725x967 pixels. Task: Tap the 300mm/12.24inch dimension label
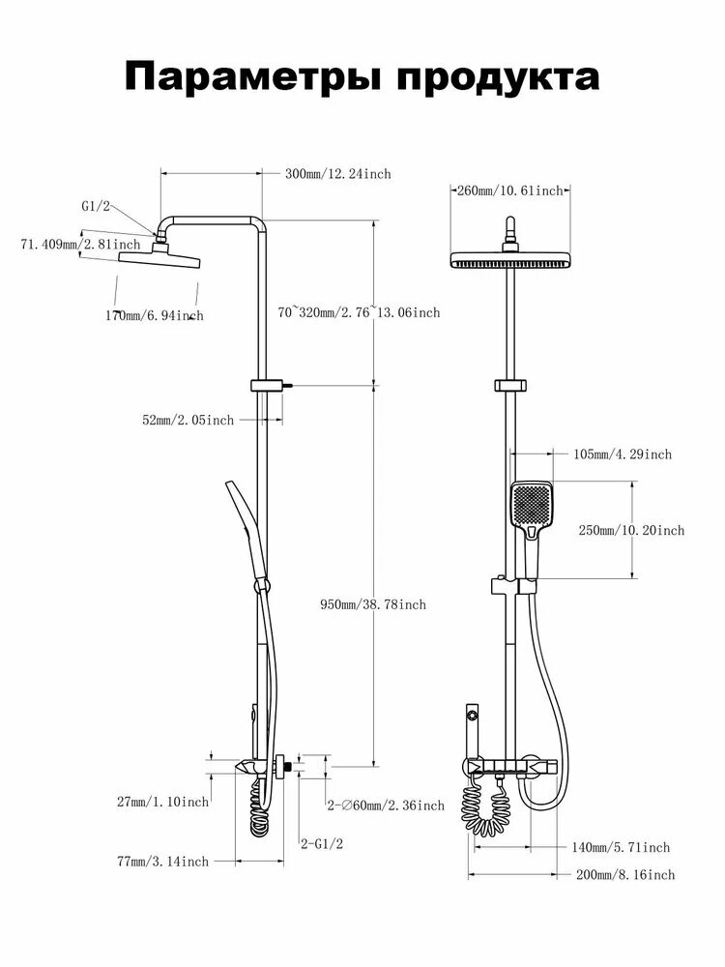pos(337,174)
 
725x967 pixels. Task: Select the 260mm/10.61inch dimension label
pos(509,190)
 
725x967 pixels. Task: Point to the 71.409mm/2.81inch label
pos(81,245)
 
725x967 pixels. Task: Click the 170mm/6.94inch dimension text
pos(154,316)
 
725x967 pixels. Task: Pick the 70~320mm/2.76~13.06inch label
pos(359,312)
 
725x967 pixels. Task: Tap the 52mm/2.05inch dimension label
pos(188,420)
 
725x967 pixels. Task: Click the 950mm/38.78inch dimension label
pos(373,605)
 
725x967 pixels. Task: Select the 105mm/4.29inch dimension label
pos(623,454)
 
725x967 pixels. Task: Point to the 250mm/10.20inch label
pos(631,530)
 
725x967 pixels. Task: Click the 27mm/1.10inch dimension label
pos(162,802)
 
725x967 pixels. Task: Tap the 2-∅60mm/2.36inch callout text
pos(386,806)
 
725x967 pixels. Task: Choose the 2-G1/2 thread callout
pos(321,843)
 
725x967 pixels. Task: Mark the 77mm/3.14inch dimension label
pos(162,862)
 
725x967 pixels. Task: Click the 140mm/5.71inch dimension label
pos(621,848)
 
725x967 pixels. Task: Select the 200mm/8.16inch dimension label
pos(625,875)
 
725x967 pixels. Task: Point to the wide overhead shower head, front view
pos(509,260)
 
